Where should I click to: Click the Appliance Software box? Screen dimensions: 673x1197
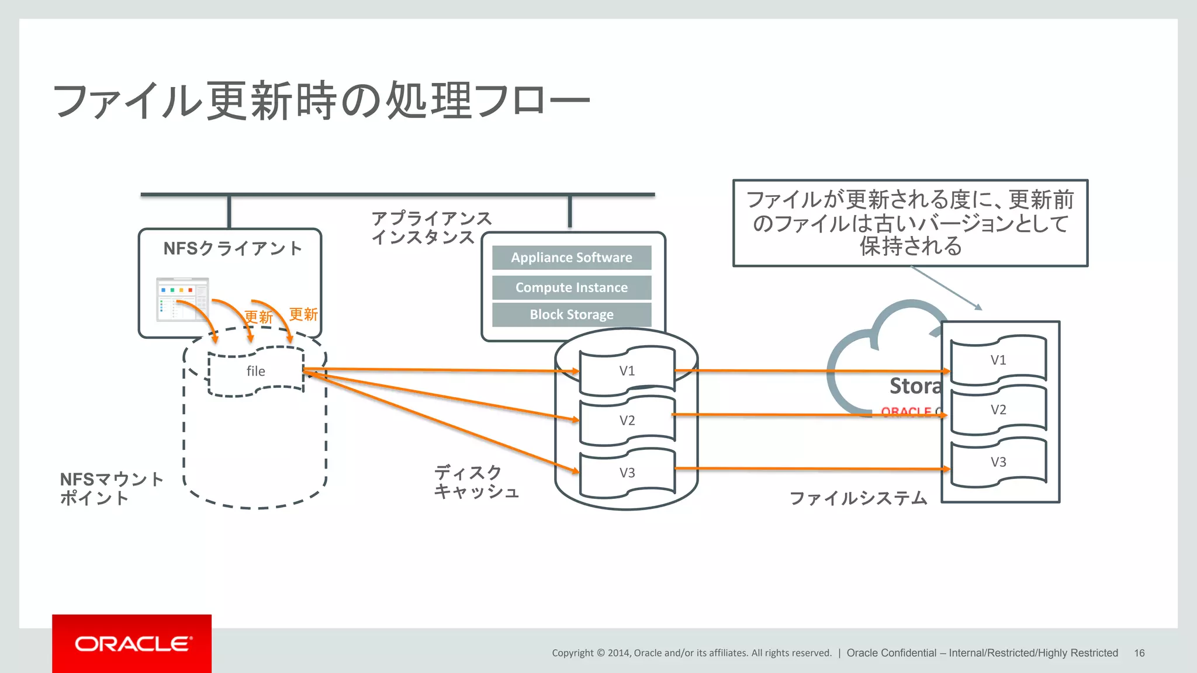[571, 258]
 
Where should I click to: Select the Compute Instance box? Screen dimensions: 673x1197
[571, 287]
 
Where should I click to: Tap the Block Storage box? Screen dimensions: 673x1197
[571, 314]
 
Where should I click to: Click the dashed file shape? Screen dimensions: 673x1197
[255, 372]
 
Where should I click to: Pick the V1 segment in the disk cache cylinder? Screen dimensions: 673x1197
[627, 371]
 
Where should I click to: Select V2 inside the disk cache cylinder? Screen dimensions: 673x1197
[627, 421]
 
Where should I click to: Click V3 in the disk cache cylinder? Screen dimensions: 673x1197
[627, 473]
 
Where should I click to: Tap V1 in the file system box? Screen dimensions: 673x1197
[998, 360]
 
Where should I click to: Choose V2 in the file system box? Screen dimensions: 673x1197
[998, 410]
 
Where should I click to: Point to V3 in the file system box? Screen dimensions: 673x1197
[998, 462]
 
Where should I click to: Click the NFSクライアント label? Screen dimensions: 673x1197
[232, 249]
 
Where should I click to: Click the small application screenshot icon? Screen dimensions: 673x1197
[182, 299]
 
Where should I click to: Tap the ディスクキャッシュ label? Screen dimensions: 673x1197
[476, 482]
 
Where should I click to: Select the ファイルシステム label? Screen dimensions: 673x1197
[857, 498]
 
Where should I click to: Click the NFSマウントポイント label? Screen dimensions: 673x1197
[111, 489]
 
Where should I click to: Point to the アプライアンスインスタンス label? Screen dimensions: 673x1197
[431, 228]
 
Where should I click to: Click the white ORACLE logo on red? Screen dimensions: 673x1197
[132, 644]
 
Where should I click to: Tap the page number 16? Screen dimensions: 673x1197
[1139, 653]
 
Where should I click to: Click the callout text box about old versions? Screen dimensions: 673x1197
[910, 223]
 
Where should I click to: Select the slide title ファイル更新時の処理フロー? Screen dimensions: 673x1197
[321, 101]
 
